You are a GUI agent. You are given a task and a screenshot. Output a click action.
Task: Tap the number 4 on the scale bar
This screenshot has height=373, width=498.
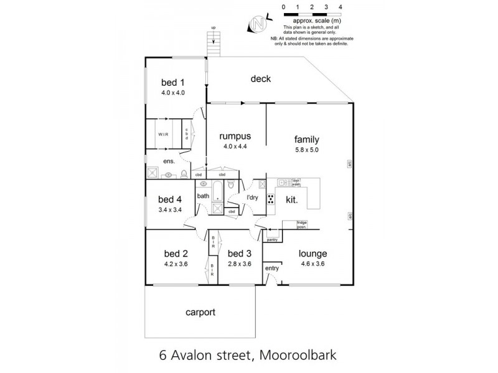(340, 6)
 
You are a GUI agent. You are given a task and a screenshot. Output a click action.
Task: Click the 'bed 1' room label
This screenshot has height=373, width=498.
(173, 82)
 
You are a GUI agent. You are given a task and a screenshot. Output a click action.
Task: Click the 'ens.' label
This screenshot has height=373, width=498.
(168, 162)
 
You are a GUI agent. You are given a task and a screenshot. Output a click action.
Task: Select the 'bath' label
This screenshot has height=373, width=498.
(203, 196)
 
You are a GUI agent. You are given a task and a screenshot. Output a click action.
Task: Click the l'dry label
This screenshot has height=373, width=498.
(253, 198)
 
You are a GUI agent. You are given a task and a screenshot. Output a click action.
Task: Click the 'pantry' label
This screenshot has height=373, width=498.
(271, 239)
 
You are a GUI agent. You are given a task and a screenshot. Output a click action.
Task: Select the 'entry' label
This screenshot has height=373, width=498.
(272, 268)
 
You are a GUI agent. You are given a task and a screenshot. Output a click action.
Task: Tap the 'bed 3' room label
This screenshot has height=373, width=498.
(238, 254)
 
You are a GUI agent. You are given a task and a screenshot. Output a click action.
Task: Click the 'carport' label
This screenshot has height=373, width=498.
(199, 313)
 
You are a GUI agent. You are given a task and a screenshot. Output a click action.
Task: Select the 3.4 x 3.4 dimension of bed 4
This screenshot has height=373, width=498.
(170, 211)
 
